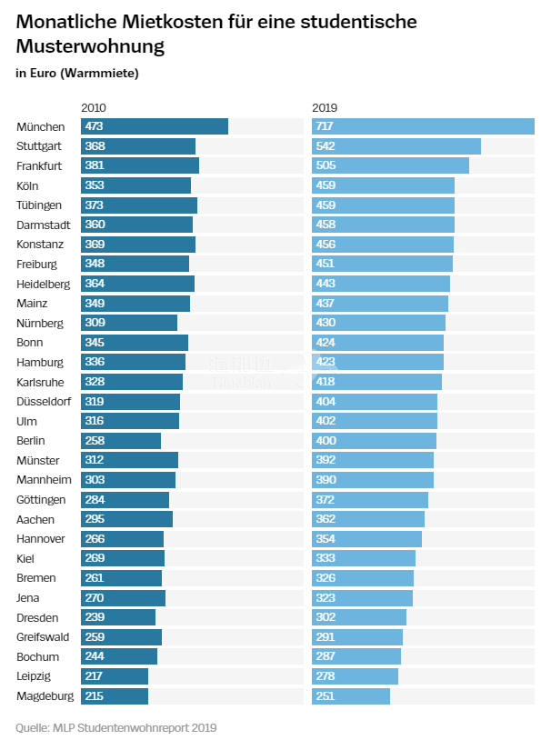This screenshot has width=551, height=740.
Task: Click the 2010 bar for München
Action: click(x=155, y=126)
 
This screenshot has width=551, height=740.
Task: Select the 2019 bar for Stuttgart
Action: click(x=396, y=146)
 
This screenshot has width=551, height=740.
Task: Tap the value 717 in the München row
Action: click(x=326, y=126)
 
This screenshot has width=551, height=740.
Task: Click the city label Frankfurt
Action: click(x=39, y=165)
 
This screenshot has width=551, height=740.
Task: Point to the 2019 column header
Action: click(x=325, y=107)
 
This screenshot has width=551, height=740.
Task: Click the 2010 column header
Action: click(x=94, y=107)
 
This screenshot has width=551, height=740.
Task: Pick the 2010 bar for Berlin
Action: click(x=121, y=441)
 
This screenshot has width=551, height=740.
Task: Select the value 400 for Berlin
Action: click(x=326, y=441)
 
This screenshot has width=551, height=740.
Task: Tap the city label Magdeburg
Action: click(x=45, y=696)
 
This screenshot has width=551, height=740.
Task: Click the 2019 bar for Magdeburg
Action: click(x=351, y=696)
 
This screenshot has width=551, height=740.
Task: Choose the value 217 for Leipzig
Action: click(x=95, y=676)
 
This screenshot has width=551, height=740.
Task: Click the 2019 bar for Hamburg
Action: click(x=377, y=362)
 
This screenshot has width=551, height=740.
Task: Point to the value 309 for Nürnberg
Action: click(x=95, y=323)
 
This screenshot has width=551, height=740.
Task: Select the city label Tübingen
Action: click(x=39, y=205)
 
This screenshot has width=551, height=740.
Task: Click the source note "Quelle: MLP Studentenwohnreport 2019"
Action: click(x=115, y=727)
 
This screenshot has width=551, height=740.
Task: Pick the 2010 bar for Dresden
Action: click(x=118, y=617)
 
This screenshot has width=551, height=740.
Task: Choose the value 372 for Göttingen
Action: click(x=326, y=500)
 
